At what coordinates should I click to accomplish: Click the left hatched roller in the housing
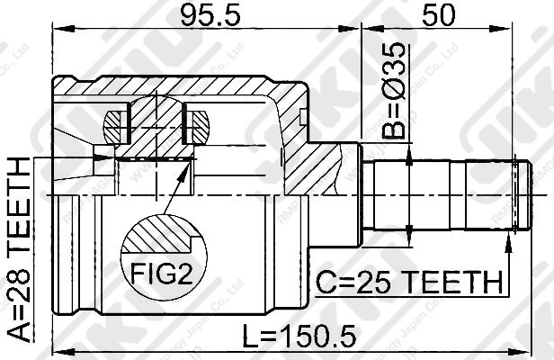point(120,124)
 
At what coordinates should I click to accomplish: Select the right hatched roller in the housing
point(197,124)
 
